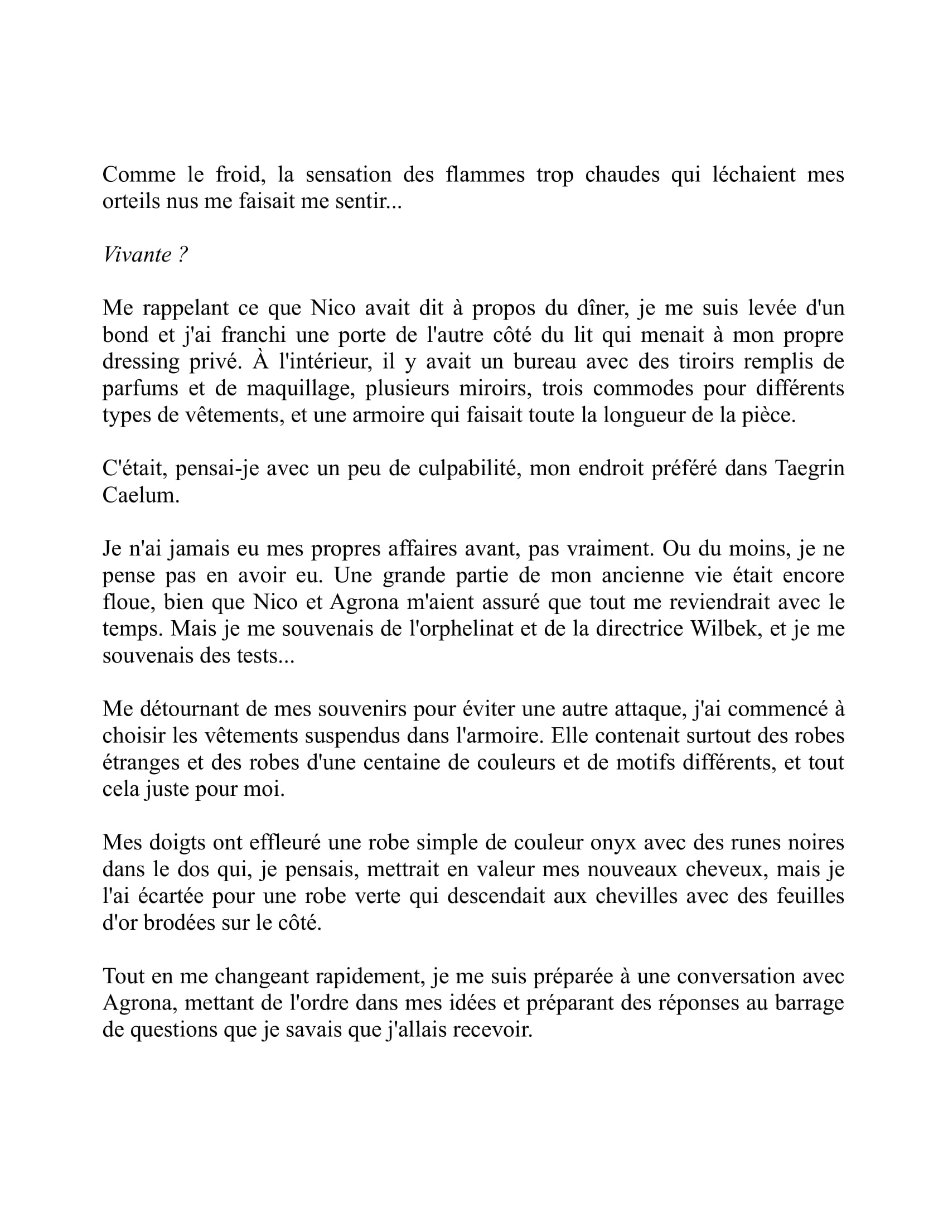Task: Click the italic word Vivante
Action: click(x=138, y=255)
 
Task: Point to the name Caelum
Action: click(x=141, y=495)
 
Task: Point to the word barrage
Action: click(x=809, y=1003)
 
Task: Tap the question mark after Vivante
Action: click(x=183, y=255)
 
